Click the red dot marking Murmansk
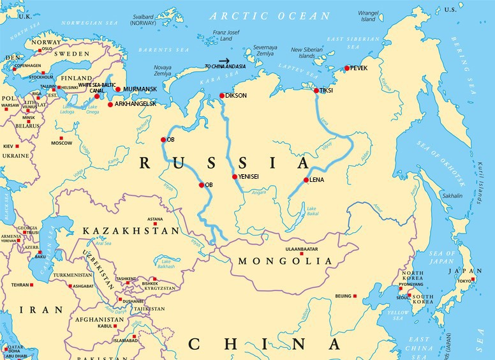118,89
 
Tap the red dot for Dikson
221,96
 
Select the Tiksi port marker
316,91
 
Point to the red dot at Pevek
347,68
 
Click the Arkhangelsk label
135,104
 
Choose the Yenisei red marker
235,177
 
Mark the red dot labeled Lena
306,180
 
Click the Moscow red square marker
61,138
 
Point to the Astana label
156,218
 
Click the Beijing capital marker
355,296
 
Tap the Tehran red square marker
36,285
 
